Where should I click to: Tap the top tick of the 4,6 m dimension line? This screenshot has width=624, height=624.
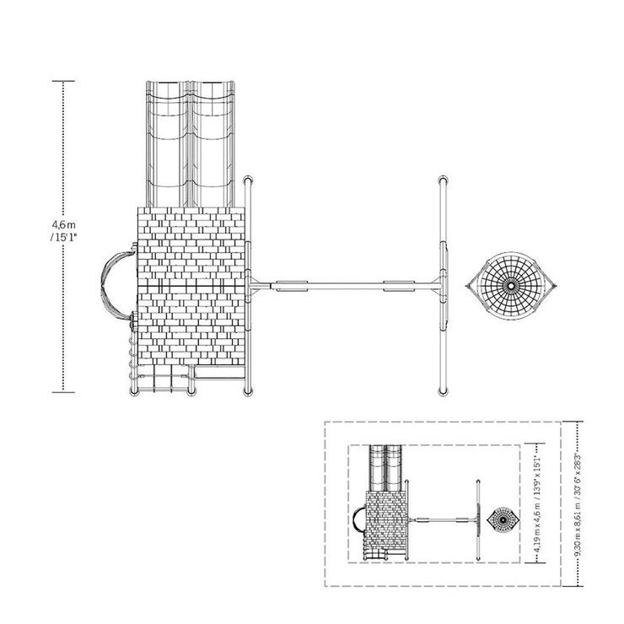pos(63,81)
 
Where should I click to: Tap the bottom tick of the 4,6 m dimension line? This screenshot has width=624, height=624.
pos(63,392)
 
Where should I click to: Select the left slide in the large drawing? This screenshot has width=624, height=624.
pos(167,144)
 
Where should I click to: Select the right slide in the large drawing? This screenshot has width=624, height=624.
pos(212,144)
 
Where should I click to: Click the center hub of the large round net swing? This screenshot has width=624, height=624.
pos(511,286)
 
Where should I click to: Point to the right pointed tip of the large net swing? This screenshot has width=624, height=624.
pos(556,286)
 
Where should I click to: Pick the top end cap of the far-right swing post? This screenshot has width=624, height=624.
pos(443,180)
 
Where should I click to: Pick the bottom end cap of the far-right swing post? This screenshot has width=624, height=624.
pos(443,391)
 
